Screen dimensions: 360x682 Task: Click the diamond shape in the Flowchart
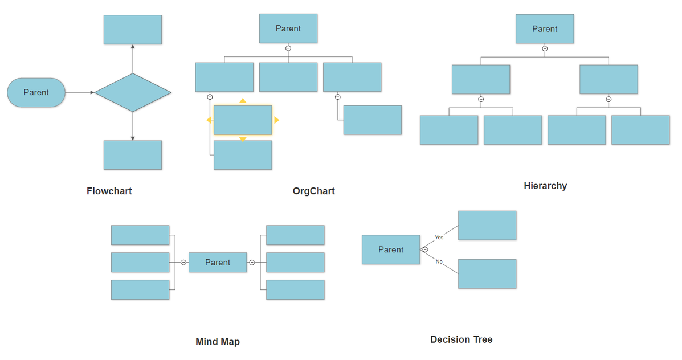133,92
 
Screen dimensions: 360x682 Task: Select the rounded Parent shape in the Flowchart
36,92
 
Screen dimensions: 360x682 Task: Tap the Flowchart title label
109,191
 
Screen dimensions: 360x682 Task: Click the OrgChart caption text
313,191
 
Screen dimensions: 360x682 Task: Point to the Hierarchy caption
545,186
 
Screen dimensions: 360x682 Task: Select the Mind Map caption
218,342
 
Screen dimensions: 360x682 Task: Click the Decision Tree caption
461,339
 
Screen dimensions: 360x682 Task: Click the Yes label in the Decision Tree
439,237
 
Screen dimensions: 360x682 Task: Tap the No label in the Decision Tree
439,261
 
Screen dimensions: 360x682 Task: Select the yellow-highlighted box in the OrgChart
243,120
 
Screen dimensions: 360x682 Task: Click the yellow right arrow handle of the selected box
276,120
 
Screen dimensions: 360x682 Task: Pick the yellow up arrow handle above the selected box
243,101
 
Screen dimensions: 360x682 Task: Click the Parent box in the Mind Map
218,262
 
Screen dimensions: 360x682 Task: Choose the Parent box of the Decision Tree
390,249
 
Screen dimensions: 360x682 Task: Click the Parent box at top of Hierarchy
545,29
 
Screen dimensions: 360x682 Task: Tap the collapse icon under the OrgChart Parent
288,48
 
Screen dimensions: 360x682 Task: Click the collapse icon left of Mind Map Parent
183,263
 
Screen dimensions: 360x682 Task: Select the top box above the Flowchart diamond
133,30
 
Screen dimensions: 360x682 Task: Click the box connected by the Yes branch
487,225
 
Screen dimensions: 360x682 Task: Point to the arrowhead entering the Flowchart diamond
92,92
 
